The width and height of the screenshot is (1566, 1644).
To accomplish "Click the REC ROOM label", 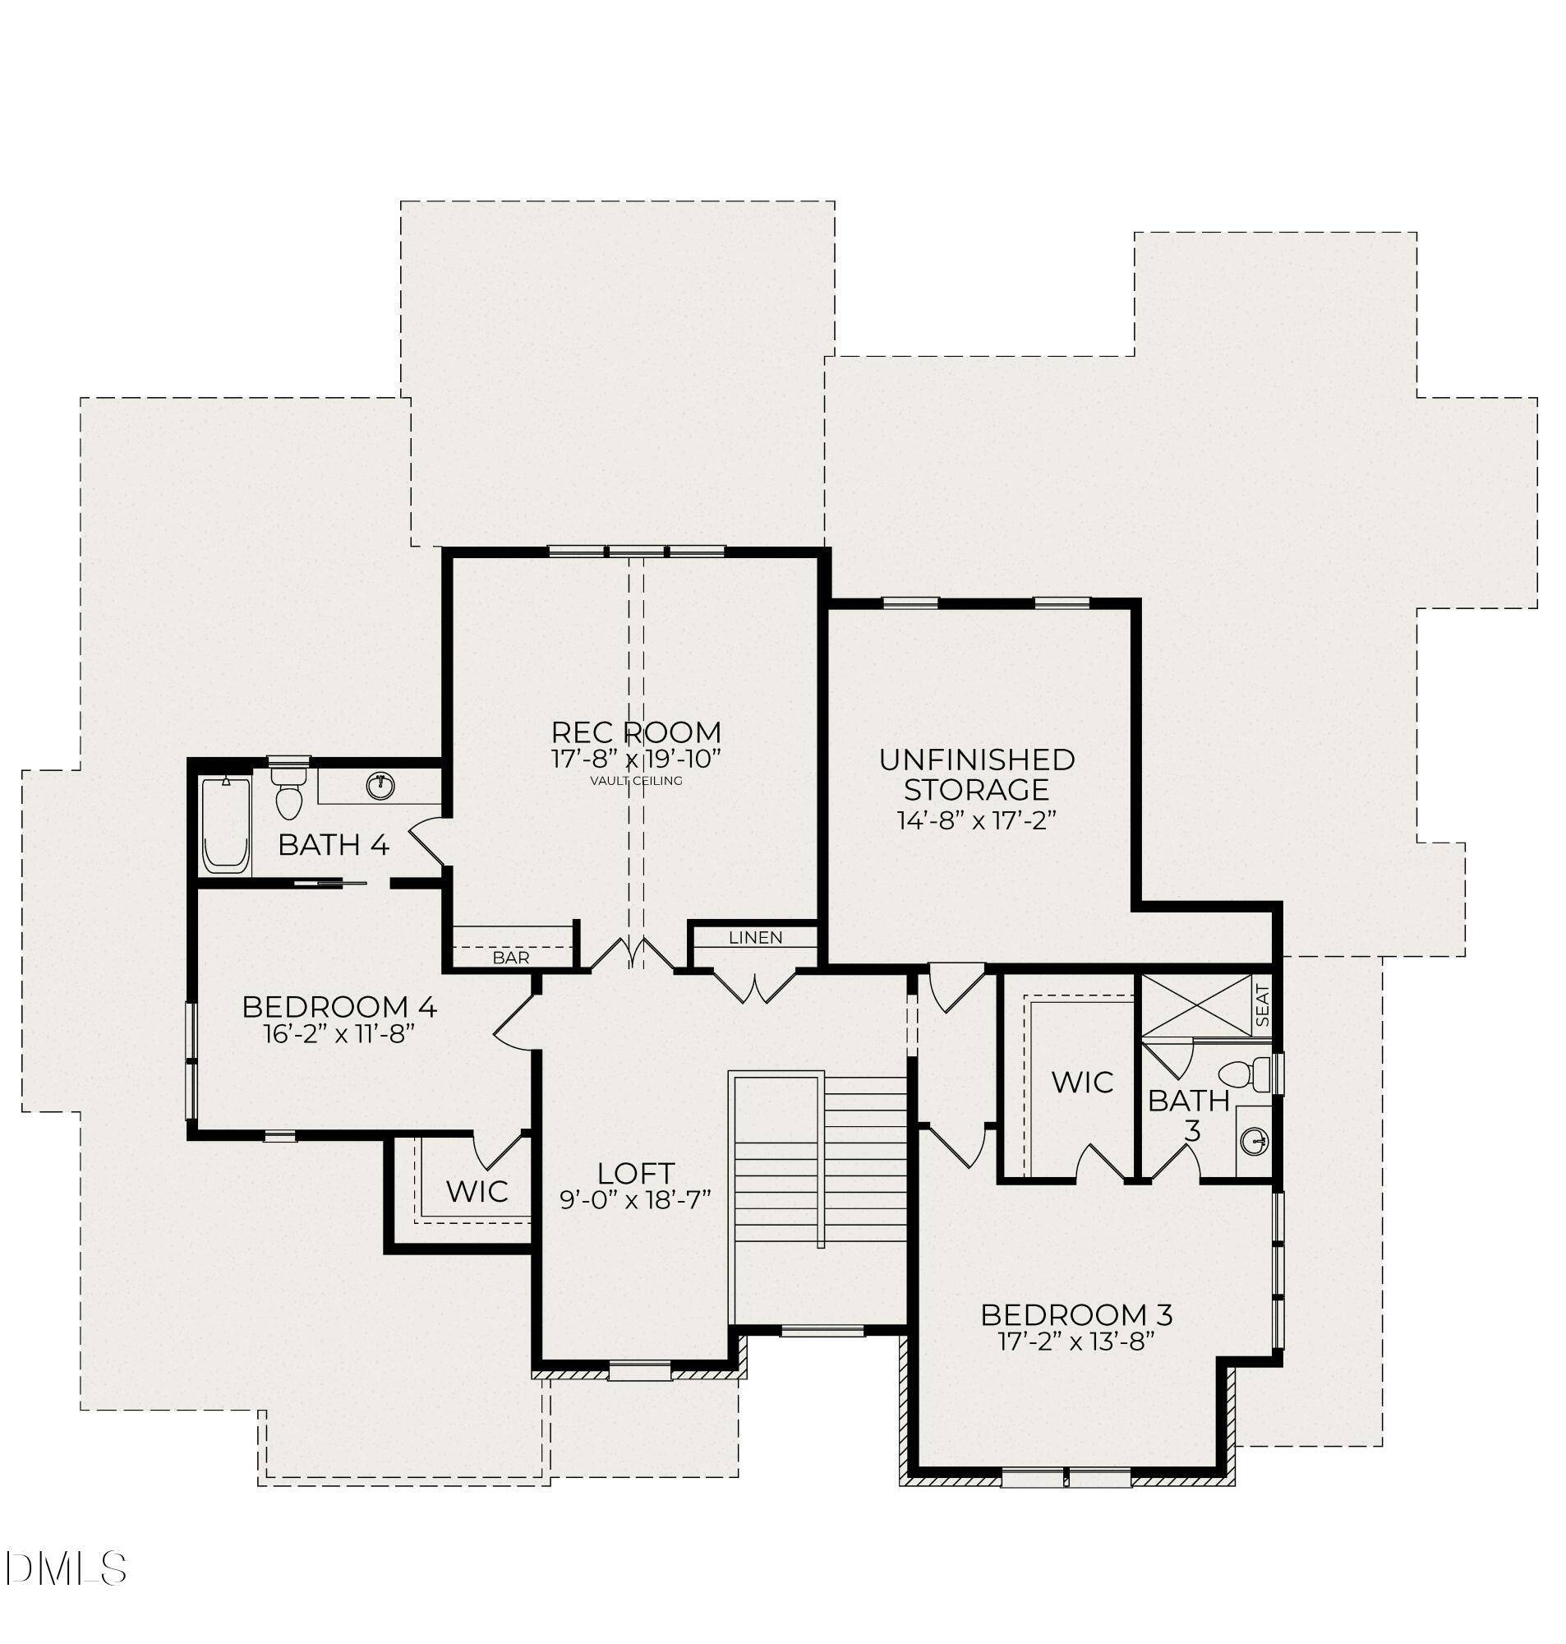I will (x=636, y=732).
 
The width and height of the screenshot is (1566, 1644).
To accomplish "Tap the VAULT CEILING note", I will (x=636, y=782).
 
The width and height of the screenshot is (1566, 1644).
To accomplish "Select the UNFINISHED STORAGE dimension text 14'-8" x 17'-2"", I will (x=977, y=820).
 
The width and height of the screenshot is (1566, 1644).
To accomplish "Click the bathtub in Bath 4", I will (x=225, y=826).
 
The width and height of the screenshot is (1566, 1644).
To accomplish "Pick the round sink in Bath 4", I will (x=380, y=786).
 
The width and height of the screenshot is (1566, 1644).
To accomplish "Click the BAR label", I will (x=510, y=958).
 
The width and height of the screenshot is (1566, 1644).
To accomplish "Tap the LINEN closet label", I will (x=755, y=938).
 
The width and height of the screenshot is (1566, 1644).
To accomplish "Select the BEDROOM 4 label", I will (x=339, y=1007).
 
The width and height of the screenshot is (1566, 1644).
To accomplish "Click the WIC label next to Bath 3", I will (x=1082, y=1083).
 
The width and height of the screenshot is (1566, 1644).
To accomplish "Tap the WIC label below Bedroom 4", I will (x=477, y=1191).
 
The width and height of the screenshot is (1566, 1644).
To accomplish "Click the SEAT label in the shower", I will (x=1262, y=1006).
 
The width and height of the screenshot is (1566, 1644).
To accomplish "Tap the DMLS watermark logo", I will (x=65, y=1569).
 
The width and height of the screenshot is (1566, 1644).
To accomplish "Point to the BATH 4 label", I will (x=333, y=845).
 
